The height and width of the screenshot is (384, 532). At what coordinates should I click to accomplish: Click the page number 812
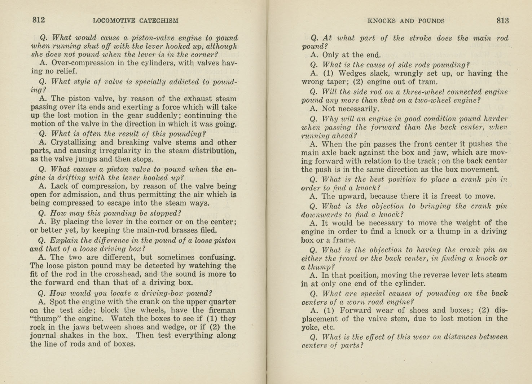pos(39,20)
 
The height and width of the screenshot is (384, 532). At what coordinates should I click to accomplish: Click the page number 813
pos(502,21)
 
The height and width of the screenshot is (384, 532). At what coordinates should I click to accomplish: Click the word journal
pos(43,335)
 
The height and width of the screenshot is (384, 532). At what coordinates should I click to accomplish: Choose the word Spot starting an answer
pos(57,302)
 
